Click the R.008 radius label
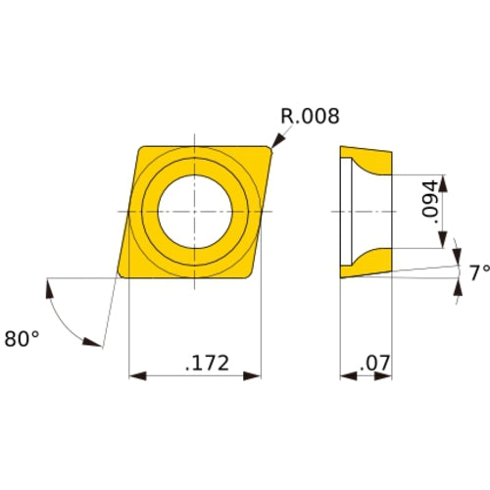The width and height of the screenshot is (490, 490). click(x=310, y=117)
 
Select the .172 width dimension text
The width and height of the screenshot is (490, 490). click(x=206, y=364)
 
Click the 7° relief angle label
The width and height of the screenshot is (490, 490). click(x=477, y=273)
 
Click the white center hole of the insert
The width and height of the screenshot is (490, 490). click(x=196, y=211)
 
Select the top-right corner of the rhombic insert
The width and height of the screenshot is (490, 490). click(x=270, y=148)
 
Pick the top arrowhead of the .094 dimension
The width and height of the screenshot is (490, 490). click(x=446, y=181)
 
